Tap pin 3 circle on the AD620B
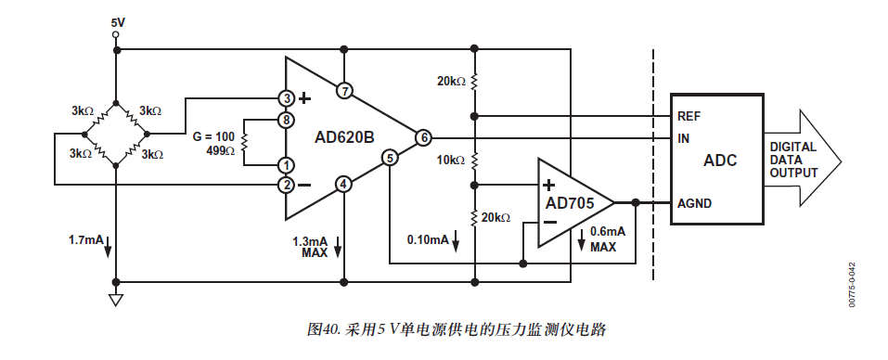tap(288, 96)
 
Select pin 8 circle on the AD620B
tap(288, 120)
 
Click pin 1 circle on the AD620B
tap(288, 164)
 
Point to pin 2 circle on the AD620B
tap(288, 185)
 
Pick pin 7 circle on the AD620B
tap(344, 91)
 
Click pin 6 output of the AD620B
tap(423, 137)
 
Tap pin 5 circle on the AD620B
tap(390, 158)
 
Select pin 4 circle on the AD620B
tap(344, 184)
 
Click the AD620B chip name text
tap(343, 137)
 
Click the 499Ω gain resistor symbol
tap(244, 143)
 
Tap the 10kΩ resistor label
tap(450, 160)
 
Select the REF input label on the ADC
tap(690, 117)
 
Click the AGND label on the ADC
tap(697, 202)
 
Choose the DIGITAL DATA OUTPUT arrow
tap(803, 160)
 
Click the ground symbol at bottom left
tap(115, 299)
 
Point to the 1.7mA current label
tap(85, 240)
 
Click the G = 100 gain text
tap(213, 135)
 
